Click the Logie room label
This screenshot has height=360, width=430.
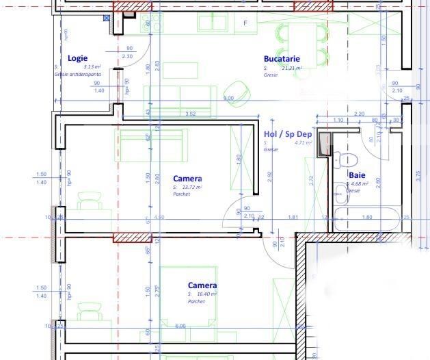(77, 58)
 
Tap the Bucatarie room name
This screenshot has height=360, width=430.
(282, 59)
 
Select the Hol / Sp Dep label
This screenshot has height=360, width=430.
(287, 134)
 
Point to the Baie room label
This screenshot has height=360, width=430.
(357, 175)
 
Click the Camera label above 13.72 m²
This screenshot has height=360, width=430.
(187, 179)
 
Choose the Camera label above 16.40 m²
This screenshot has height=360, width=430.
(202, 285)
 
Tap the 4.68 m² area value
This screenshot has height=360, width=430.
(360, 183)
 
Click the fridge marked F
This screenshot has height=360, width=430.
(245, 23)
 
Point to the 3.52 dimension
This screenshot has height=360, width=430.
(190, 114)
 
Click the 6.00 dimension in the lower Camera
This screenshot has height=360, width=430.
(180, 326)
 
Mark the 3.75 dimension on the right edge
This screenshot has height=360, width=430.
(418, 174)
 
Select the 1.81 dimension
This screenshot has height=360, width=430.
(293, 217)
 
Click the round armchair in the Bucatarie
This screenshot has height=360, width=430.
(237, 89)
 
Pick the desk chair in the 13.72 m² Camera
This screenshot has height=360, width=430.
(89, 203)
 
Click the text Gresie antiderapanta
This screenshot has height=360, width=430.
(77, 74)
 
